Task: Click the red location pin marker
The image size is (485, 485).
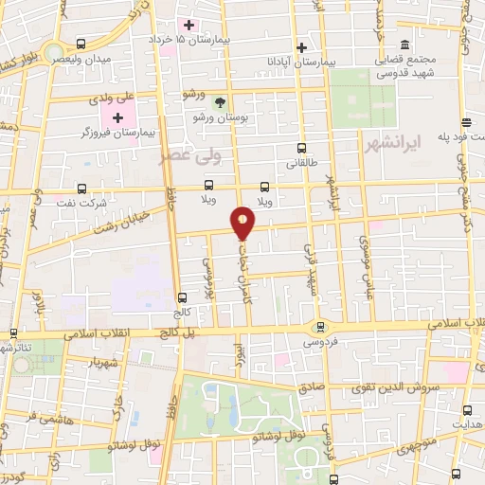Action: [243, 223]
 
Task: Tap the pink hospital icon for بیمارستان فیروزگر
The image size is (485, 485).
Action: [117, 117]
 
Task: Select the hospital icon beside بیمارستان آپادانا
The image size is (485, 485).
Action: [302, 47]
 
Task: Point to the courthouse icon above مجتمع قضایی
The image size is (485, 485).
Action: [404, 45]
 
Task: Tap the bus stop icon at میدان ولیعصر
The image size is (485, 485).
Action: [81, 45]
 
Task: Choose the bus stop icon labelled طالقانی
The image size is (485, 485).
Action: [301, 148]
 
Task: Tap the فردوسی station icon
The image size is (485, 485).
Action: [317, 327]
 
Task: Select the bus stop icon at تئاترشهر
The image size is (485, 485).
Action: [12, 333]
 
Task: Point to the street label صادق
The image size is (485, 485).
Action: [312, 386]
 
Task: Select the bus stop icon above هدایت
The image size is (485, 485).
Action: [468, 410]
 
